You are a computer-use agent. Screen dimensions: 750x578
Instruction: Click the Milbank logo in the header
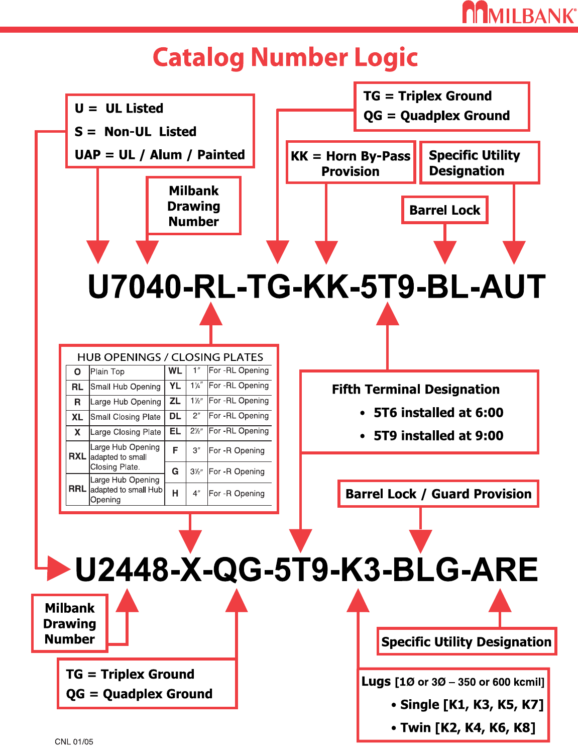(x=519, y=13)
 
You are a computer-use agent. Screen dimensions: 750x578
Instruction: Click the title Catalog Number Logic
(x=285, y=57)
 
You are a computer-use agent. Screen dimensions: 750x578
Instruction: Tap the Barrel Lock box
(x=444, y=210)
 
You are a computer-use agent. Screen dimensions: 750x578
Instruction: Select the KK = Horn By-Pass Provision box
(x=351, y=163)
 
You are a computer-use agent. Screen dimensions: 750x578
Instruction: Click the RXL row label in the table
(x=77, y=456)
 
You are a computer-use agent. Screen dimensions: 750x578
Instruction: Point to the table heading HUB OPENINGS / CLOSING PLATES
(x=170, y=357)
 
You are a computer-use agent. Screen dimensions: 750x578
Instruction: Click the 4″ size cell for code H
(x=196, y=494)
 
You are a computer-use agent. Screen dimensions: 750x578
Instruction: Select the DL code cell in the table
(x=175, y=416)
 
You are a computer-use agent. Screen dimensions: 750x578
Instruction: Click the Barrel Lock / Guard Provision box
(x=438, y=494)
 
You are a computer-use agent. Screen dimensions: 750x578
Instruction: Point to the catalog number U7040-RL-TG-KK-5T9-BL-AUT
(x=316, y=287)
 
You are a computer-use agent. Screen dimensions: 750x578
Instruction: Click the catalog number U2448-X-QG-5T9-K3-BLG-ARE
(x=306, y=570)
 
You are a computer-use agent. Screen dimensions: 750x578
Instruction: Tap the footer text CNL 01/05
(x=74, y=742)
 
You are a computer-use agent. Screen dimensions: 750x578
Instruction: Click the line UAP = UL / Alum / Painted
(x=160, y=155)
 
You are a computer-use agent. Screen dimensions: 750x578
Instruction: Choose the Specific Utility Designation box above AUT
(x=479, y=163)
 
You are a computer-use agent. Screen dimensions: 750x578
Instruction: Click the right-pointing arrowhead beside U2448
(x=58, y=569)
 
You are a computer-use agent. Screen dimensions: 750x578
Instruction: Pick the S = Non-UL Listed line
(x=136, y=132)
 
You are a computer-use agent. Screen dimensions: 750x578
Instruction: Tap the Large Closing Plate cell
(x=126, y=432)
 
